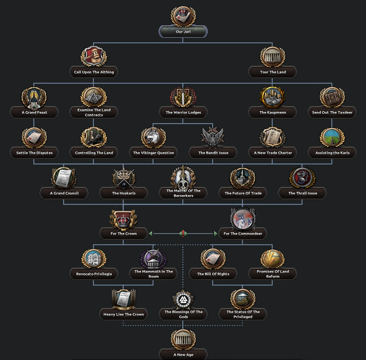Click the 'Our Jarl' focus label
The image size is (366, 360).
tap(183, 32)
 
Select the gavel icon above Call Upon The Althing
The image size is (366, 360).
tap(94, 57)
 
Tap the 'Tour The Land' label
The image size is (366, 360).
tap(273, 72)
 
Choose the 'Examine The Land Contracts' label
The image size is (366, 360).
tap(94, 112)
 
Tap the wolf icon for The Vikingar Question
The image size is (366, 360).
tap(153, 137)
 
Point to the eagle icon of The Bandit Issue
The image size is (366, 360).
tap(213, 137)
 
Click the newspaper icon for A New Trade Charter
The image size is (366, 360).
tap(273, 137)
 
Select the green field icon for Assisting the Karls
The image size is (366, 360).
tap(332, 137)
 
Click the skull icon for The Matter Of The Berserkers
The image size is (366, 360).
tap(183, 178)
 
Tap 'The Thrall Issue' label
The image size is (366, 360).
tap(302, 193)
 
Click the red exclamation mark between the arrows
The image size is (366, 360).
tap(183, 234)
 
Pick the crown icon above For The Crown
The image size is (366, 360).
tap(124, 219)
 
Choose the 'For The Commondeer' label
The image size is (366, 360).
tap(243, 234)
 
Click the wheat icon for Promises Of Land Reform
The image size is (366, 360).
tap(273, 258)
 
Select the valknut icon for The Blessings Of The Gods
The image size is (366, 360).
tap(183, 299)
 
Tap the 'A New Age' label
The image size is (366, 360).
tap(183, 355)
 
